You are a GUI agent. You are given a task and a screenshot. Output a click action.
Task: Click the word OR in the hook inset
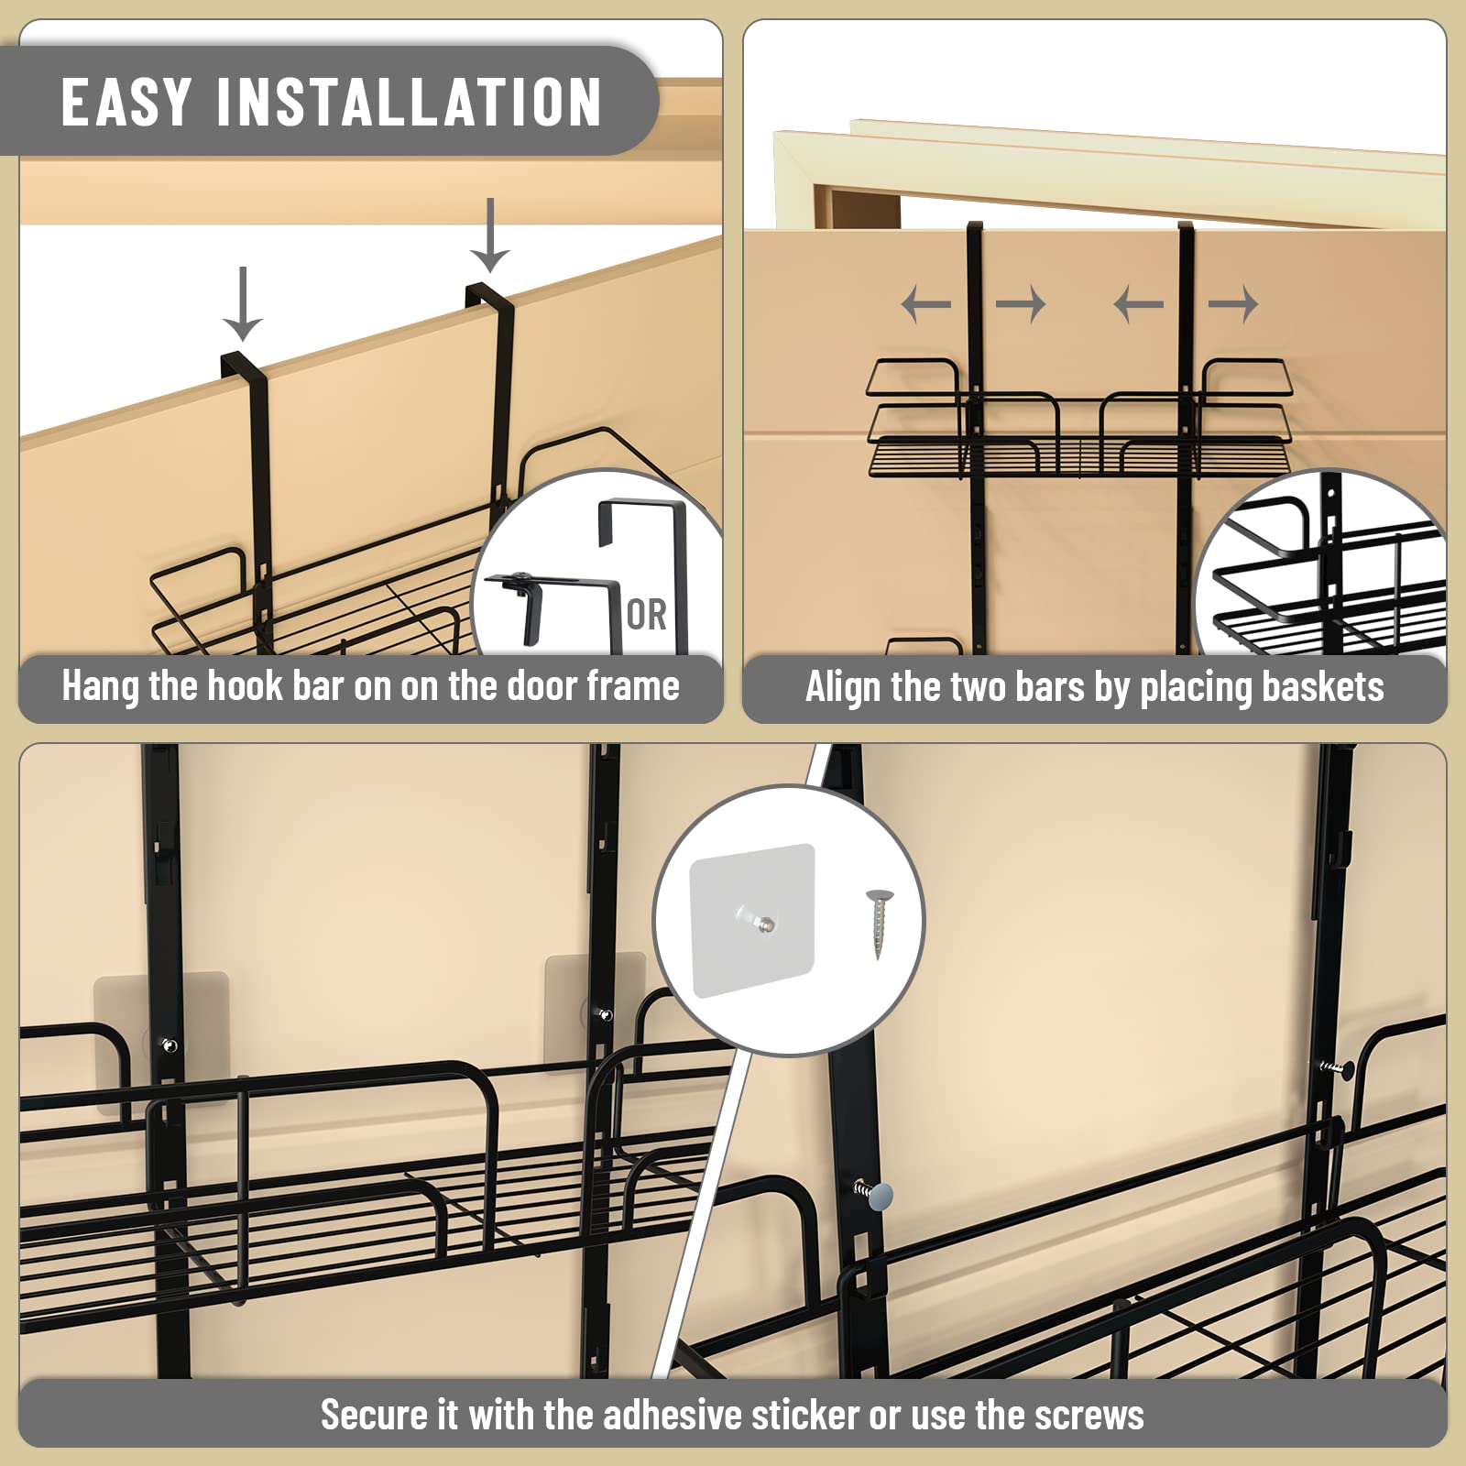pyautogui.click(x=646, y=615)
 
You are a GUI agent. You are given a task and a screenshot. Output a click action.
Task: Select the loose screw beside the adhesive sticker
pyautogui.click(x=880, y=924)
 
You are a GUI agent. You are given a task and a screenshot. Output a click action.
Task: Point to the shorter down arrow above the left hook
pyautogui.click(x=243, y=304)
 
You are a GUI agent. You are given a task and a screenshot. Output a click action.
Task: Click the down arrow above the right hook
pyautogui.click(x=490, y=235)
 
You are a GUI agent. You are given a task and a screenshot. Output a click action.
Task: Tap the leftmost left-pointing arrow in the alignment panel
pyautogui.click(x=926, y=303)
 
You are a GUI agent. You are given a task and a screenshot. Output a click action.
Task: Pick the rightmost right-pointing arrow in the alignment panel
pyautogui.click(x=1233, y=303)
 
